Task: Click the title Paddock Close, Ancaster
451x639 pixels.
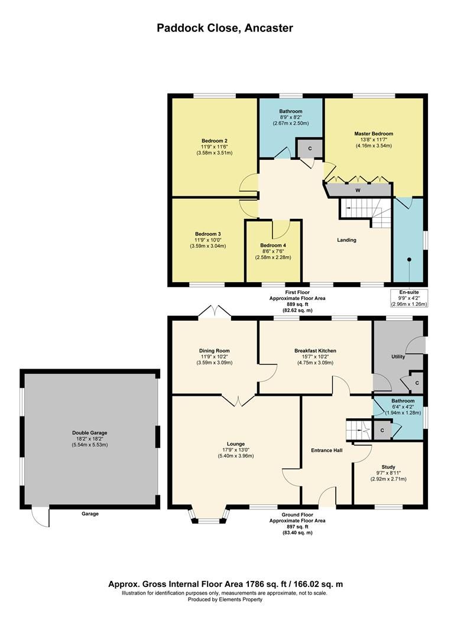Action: [225, 28]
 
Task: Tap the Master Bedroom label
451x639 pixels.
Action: [374, 134]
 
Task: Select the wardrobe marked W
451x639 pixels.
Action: [358, 191]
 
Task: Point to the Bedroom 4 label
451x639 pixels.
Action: [272, 246]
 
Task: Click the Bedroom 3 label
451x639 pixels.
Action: [207, 234]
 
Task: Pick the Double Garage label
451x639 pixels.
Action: [90, 433]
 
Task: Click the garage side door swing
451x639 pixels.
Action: [41, 518]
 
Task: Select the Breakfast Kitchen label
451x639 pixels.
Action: [315, 351]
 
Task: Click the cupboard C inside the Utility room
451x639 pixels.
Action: [417, 383]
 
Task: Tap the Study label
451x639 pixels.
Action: [388, 466]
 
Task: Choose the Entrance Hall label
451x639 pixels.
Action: [327, 450]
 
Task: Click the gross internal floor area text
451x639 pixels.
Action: [225, 584]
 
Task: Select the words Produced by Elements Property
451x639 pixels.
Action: [225, 599]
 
